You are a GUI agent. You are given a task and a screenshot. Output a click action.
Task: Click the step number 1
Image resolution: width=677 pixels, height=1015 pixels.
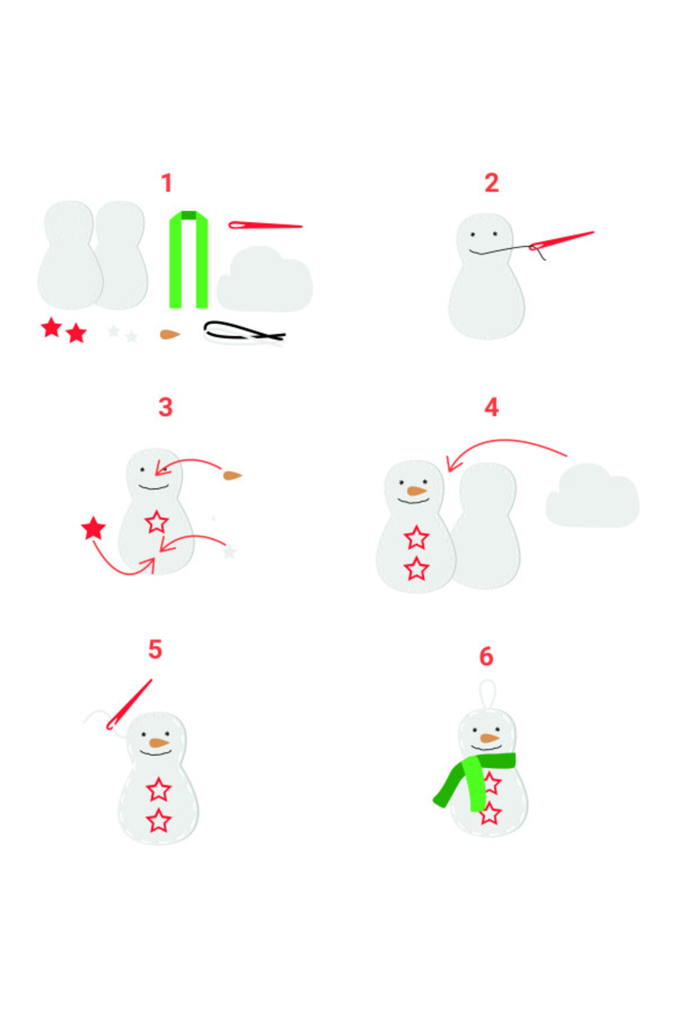[166, 183]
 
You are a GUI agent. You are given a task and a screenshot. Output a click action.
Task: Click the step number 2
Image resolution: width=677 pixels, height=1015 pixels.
[491, 183]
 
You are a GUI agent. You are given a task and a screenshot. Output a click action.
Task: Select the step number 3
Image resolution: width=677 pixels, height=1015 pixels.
[165, 407]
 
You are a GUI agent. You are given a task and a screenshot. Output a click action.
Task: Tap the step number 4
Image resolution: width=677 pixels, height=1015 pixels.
[491, 407]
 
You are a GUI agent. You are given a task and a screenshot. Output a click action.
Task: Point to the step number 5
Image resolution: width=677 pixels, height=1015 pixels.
[155, 649]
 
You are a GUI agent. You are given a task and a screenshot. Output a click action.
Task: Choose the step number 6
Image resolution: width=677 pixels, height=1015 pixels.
[486, 656]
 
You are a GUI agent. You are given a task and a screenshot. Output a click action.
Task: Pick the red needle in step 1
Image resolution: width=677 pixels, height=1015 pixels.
[265, 225]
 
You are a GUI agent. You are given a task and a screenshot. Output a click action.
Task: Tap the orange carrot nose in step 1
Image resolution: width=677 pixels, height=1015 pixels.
[169, 334]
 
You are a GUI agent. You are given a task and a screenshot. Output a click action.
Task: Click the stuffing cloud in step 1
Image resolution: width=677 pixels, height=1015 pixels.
[265, 279]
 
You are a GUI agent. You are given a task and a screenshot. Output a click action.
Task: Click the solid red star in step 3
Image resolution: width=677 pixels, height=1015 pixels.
[94, 528]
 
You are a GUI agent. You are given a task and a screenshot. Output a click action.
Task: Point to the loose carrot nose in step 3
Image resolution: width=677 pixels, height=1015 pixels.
[232, 475]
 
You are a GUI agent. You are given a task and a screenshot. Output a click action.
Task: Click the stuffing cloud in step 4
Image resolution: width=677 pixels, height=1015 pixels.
[592, 496]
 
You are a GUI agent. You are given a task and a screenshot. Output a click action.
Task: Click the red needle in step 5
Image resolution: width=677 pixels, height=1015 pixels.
[130, 704]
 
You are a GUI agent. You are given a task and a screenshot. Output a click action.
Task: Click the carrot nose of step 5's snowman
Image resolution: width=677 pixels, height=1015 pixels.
[159, 743]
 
